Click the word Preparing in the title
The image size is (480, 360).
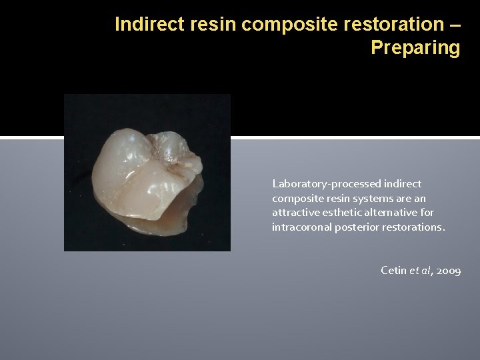click(x=415, y=48)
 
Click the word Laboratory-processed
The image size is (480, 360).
click(x=325, y=183)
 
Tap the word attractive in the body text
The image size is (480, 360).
click(x=294, y=213)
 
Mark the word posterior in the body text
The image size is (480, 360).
click(x=353, y=227)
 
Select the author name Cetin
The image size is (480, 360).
click(x=392, y=271)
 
